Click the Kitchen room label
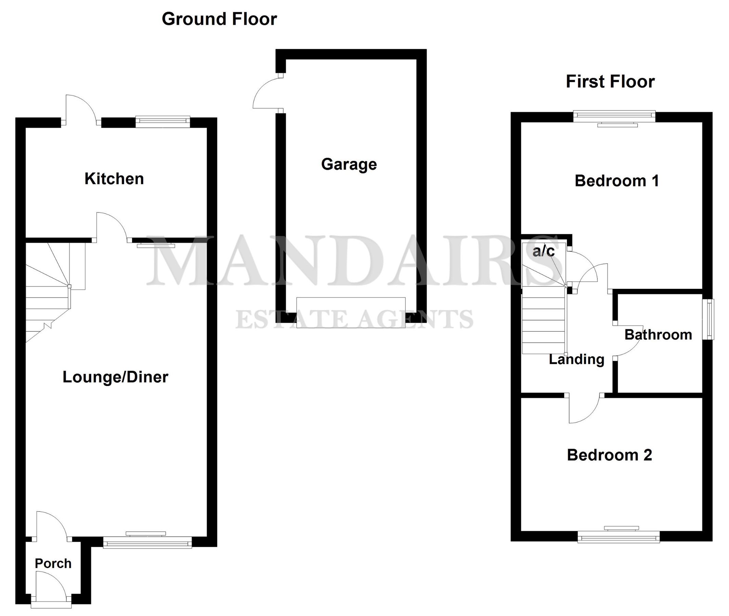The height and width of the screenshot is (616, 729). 114,179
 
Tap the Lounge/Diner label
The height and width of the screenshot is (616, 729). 115,377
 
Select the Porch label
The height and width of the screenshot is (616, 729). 53,563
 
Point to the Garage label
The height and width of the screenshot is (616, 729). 349,164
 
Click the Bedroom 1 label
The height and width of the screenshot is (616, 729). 616,181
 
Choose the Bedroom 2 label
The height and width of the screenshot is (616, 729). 609,455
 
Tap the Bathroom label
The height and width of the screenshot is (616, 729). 658,335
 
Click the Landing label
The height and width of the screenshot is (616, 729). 576,359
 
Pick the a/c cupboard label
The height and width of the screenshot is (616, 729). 543,251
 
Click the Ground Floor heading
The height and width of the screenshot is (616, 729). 219,19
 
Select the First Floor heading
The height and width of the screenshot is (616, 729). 610,82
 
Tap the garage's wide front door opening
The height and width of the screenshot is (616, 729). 351,312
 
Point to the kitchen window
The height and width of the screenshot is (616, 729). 163,121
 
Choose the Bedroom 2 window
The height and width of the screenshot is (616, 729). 618,537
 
